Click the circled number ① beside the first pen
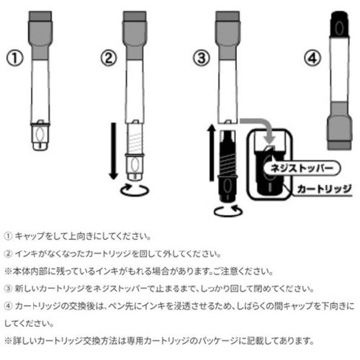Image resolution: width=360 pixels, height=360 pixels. tap(15, 58)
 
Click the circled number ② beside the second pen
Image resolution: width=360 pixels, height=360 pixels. tap(109, 58)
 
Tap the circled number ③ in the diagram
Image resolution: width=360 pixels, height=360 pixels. tap(202, 58)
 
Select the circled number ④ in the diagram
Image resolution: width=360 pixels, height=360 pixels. tap(312, 58)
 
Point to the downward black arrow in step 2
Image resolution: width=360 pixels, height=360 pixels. tap(114, 151)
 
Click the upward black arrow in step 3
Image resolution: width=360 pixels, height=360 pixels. tap(212, 153)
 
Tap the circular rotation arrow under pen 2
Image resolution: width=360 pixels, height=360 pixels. tap(135, 190)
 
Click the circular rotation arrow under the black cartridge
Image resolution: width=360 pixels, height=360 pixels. tap(228, 211)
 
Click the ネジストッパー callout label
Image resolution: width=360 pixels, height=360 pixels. tap(302, 168)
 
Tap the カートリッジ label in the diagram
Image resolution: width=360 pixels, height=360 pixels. tap(324, 189)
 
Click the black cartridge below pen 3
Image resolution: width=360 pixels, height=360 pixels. tap(228, 166)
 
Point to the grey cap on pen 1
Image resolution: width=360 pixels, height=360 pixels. tap(40, 35)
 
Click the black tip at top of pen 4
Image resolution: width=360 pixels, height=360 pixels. tap(339, 24)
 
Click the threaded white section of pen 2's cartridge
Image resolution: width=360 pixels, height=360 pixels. tap(135, 139)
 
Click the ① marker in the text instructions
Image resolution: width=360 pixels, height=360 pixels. tap(8, 237)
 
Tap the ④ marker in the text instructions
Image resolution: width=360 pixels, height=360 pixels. tap(8, 307)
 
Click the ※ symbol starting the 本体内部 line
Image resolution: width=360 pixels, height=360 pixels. tap(9, 271)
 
